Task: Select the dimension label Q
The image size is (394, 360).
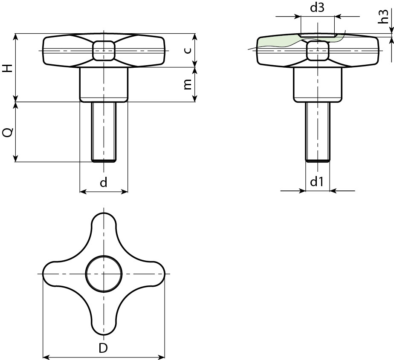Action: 7,132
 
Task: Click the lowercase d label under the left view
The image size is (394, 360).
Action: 104,183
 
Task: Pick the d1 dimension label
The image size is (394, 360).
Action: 316,182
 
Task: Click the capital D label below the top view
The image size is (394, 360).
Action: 103,348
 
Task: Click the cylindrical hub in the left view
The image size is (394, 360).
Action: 104,84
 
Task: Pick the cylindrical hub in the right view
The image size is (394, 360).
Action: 318,84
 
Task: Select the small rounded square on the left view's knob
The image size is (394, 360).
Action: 104,51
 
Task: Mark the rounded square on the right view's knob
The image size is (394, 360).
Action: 318,52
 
